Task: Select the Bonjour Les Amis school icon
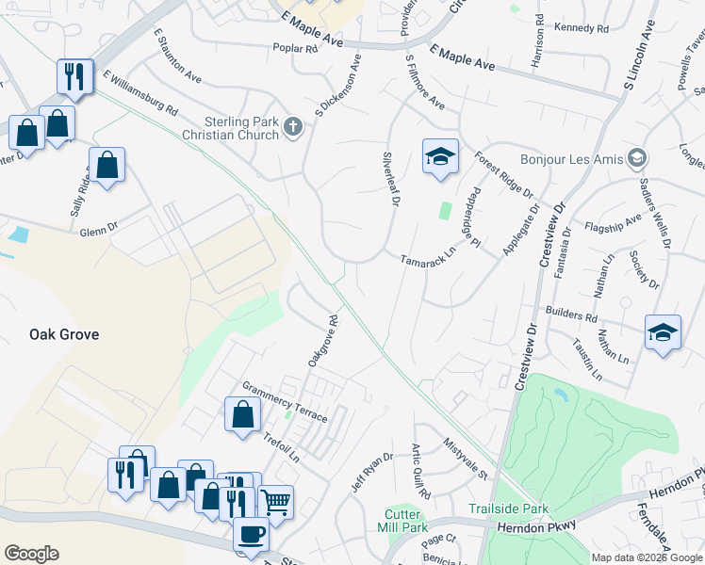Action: tap(638, 158)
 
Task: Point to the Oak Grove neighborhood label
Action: tap(64, 334)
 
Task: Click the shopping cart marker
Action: tap(275, 501)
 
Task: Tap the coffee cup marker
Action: tap(251, 534)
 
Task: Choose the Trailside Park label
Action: tap(508, 508)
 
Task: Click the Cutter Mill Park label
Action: tap(407, 520)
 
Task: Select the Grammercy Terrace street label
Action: tap(285, 401)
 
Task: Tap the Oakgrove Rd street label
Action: tap(322, 341)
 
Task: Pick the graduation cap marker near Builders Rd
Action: tap(663, 332)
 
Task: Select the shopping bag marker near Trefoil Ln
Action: tap(242, 414)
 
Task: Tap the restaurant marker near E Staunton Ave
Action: tap(74, 76)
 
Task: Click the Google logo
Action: tap(31, 554)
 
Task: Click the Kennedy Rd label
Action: tap(582, 28)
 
